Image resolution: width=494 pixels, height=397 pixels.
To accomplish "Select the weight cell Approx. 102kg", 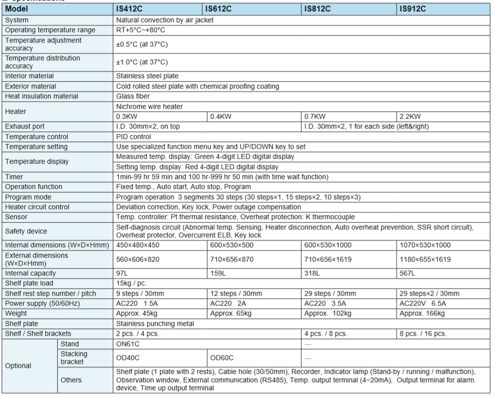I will (327, 313).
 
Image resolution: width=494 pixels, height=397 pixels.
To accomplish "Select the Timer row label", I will (14, 176).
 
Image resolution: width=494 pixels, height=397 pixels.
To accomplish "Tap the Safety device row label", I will (26, 230).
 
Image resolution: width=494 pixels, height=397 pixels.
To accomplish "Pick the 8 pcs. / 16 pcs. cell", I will (423, 334).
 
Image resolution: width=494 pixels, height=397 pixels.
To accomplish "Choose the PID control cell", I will (133, 136).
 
